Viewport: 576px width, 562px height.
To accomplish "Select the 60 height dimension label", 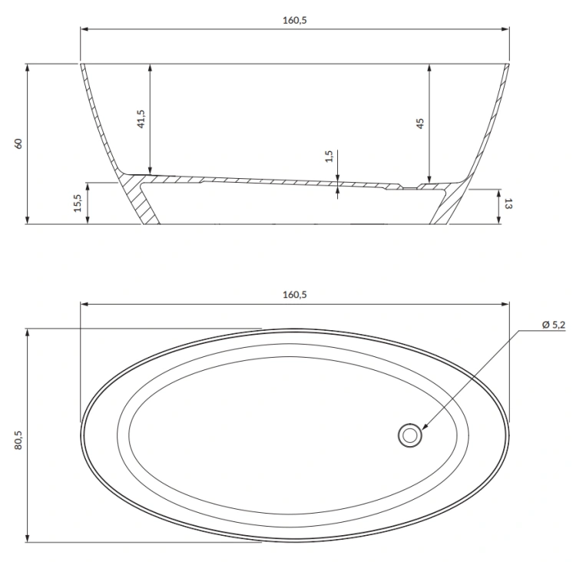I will tap(18, 144).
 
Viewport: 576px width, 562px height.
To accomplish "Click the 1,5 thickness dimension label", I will tap(329, 157).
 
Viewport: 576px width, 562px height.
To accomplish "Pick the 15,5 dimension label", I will tap(78, 203).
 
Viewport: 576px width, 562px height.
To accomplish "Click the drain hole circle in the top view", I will tap(410, 435).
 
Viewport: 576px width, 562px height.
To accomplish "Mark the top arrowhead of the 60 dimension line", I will tap(28, 68).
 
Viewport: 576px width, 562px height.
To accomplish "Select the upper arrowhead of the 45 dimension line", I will tap(429, 68).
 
